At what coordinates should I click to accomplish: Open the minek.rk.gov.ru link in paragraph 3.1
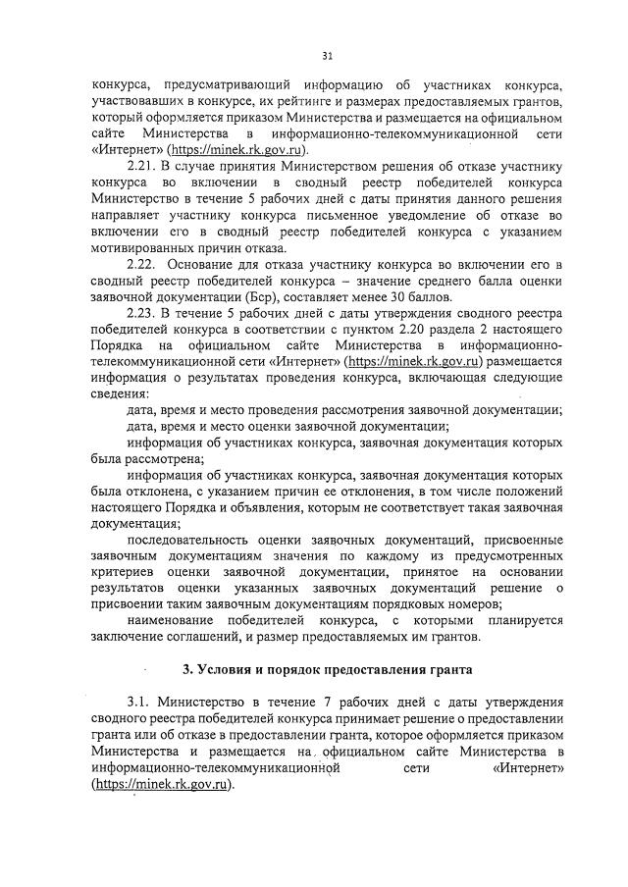(161, 785)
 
